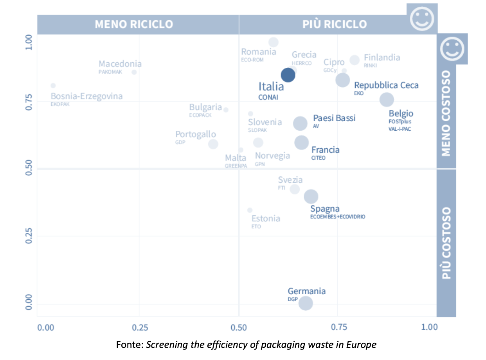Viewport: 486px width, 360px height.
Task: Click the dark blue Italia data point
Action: click(288, 75)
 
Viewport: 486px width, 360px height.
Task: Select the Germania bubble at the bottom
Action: click(306, 303)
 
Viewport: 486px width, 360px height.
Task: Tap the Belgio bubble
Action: click(386, 99)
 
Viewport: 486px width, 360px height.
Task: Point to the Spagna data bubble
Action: click(311, 196)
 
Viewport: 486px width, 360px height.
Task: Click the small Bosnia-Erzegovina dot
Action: click(53, 86)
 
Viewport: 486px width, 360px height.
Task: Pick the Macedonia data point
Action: click(134, 72)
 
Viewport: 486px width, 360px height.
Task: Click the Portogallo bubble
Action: click(213, 144)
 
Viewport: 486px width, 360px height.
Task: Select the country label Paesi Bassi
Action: click(334, 118)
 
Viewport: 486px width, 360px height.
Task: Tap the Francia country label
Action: click(325, 150)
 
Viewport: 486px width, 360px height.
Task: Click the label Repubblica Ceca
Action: click(386, 85)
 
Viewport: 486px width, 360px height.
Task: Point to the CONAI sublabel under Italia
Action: click(268, 97)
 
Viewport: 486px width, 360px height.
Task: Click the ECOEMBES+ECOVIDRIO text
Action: click(338, 216)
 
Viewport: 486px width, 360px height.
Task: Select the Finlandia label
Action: click(382, 58)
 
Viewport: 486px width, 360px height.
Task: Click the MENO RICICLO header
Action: click(134, 24)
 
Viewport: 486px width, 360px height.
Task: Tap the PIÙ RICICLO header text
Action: click(335, 24)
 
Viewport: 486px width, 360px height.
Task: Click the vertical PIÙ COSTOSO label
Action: click(446, 243)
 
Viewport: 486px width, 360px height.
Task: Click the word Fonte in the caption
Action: click(130, 345)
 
